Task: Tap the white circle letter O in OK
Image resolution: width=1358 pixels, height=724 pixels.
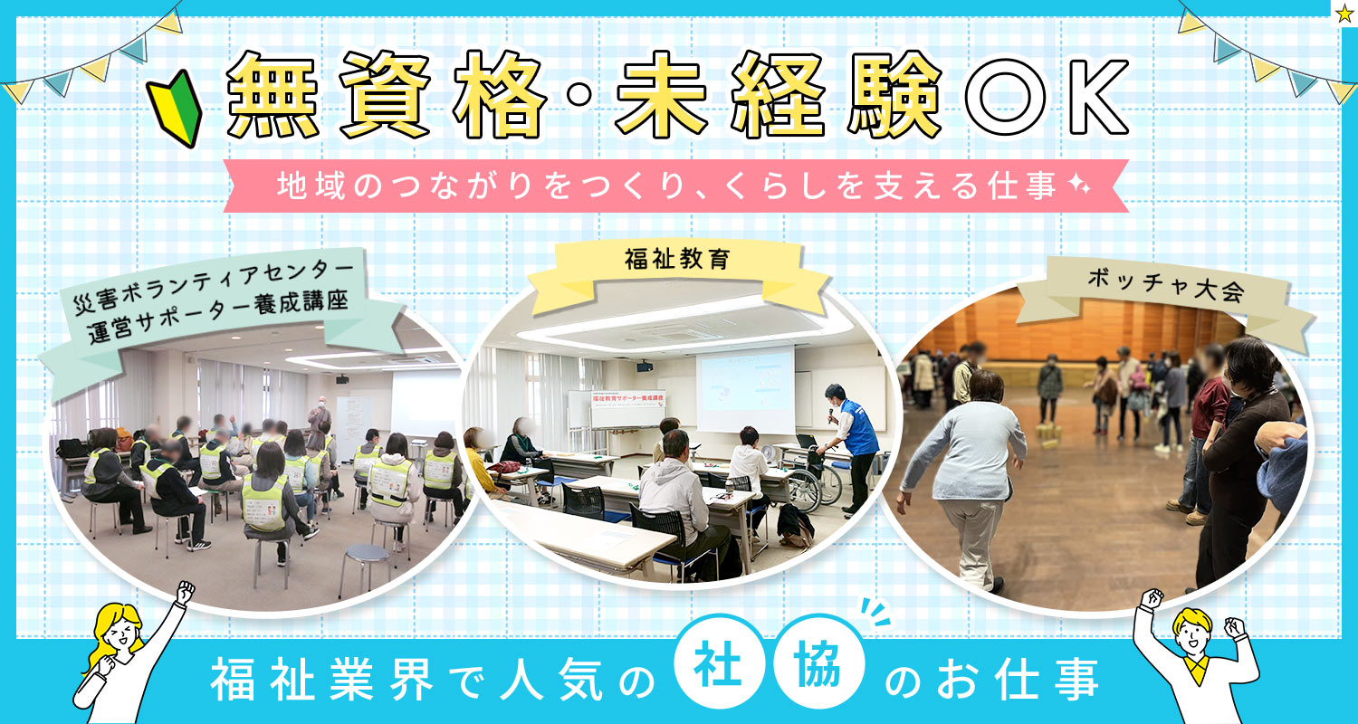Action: pos(1005,97)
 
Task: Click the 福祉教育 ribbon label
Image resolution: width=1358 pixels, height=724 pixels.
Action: pos(677,260)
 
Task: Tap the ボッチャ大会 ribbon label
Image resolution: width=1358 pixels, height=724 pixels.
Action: pos(1166,286)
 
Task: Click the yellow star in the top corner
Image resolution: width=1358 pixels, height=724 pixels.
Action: pos(1344,14)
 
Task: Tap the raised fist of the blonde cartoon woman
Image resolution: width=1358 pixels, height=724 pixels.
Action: pos(185,591)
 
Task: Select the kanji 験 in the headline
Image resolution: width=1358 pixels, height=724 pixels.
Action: pos(896,95)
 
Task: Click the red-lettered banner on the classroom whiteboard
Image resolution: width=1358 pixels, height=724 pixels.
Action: pos(628,400)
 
